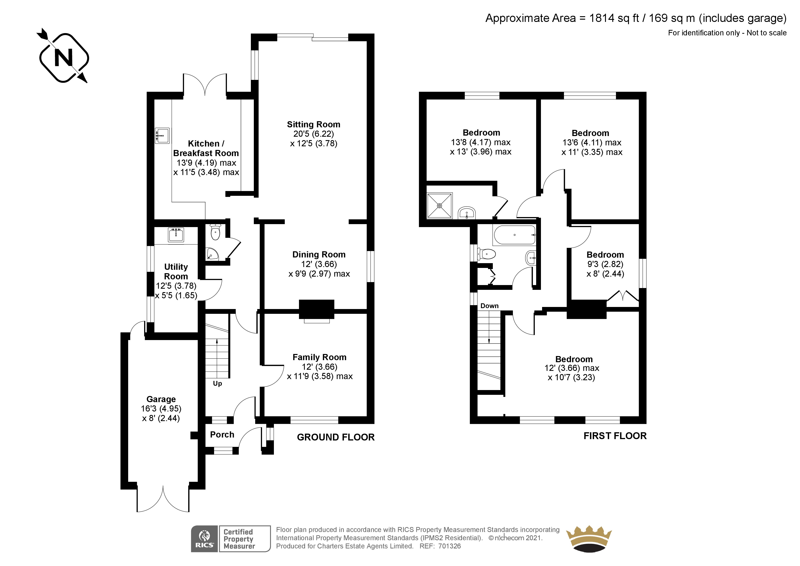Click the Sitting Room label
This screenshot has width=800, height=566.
tap(313, 125)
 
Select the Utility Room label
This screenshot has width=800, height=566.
tap(176, 271)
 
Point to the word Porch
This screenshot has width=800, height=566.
tap(222, 435)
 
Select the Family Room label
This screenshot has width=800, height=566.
tap(319, 357)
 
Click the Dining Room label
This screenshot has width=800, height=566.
tap(319, 254)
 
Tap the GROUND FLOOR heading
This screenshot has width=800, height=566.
tap(335, 437)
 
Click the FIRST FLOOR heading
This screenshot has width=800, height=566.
tap(615, 436)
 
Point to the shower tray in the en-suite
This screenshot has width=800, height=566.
tap(439, 206)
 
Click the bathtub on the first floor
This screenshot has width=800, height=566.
tap(514, 235)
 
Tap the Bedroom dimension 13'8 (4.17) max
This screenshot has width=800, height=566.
tap(481, 142)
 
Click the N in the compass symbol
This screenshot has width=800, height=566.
tap(64, 58)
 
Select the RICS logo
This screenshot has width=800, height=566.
tap(204, 539)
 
